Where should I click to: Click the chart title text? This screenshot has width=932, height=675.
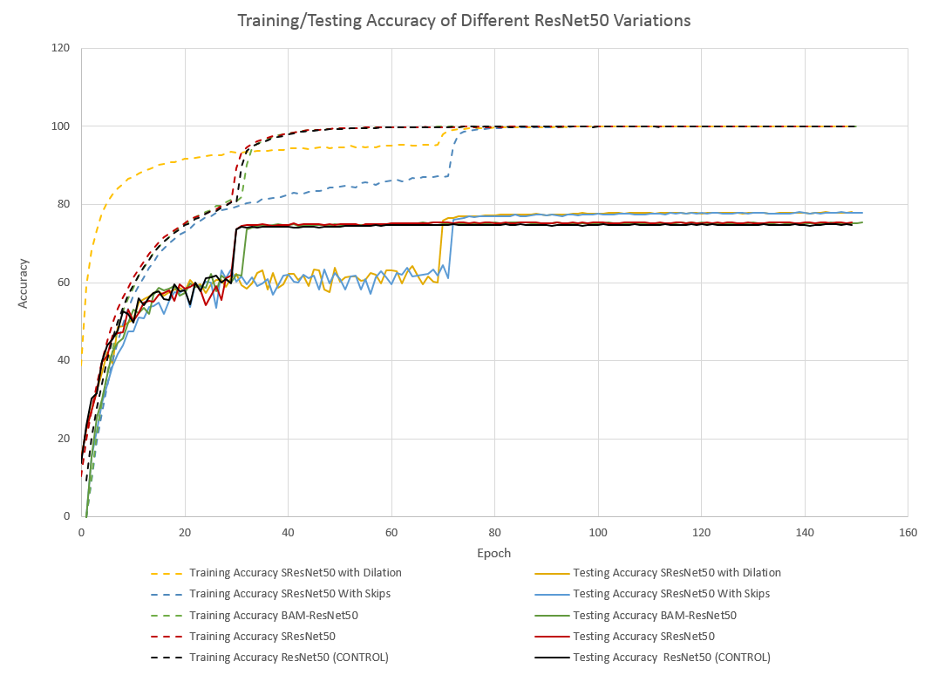[x=464, y=20]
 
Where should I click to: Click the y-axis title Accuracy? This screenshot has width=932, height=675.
[x=24, y=282]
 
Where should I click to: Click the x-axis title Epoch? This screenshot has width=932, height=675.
[x=493, y=553]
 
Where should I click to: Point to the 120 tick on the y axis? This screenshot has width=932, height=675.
[x=61, y=48]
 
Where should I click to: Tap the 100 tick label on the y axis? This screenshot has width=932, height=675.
[x=61, y=126]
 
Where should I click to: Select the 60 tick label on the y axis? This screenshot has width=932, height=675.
[x=64, y=283]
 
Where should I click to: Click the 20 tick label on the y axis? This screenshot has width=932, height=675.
[x=64, y=439]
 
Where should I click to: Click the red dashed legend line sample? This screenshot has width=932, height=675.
[x=167, y=636]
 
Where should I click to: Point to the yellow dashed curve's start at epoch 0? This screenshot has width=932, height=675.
[x=82, y=353]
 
